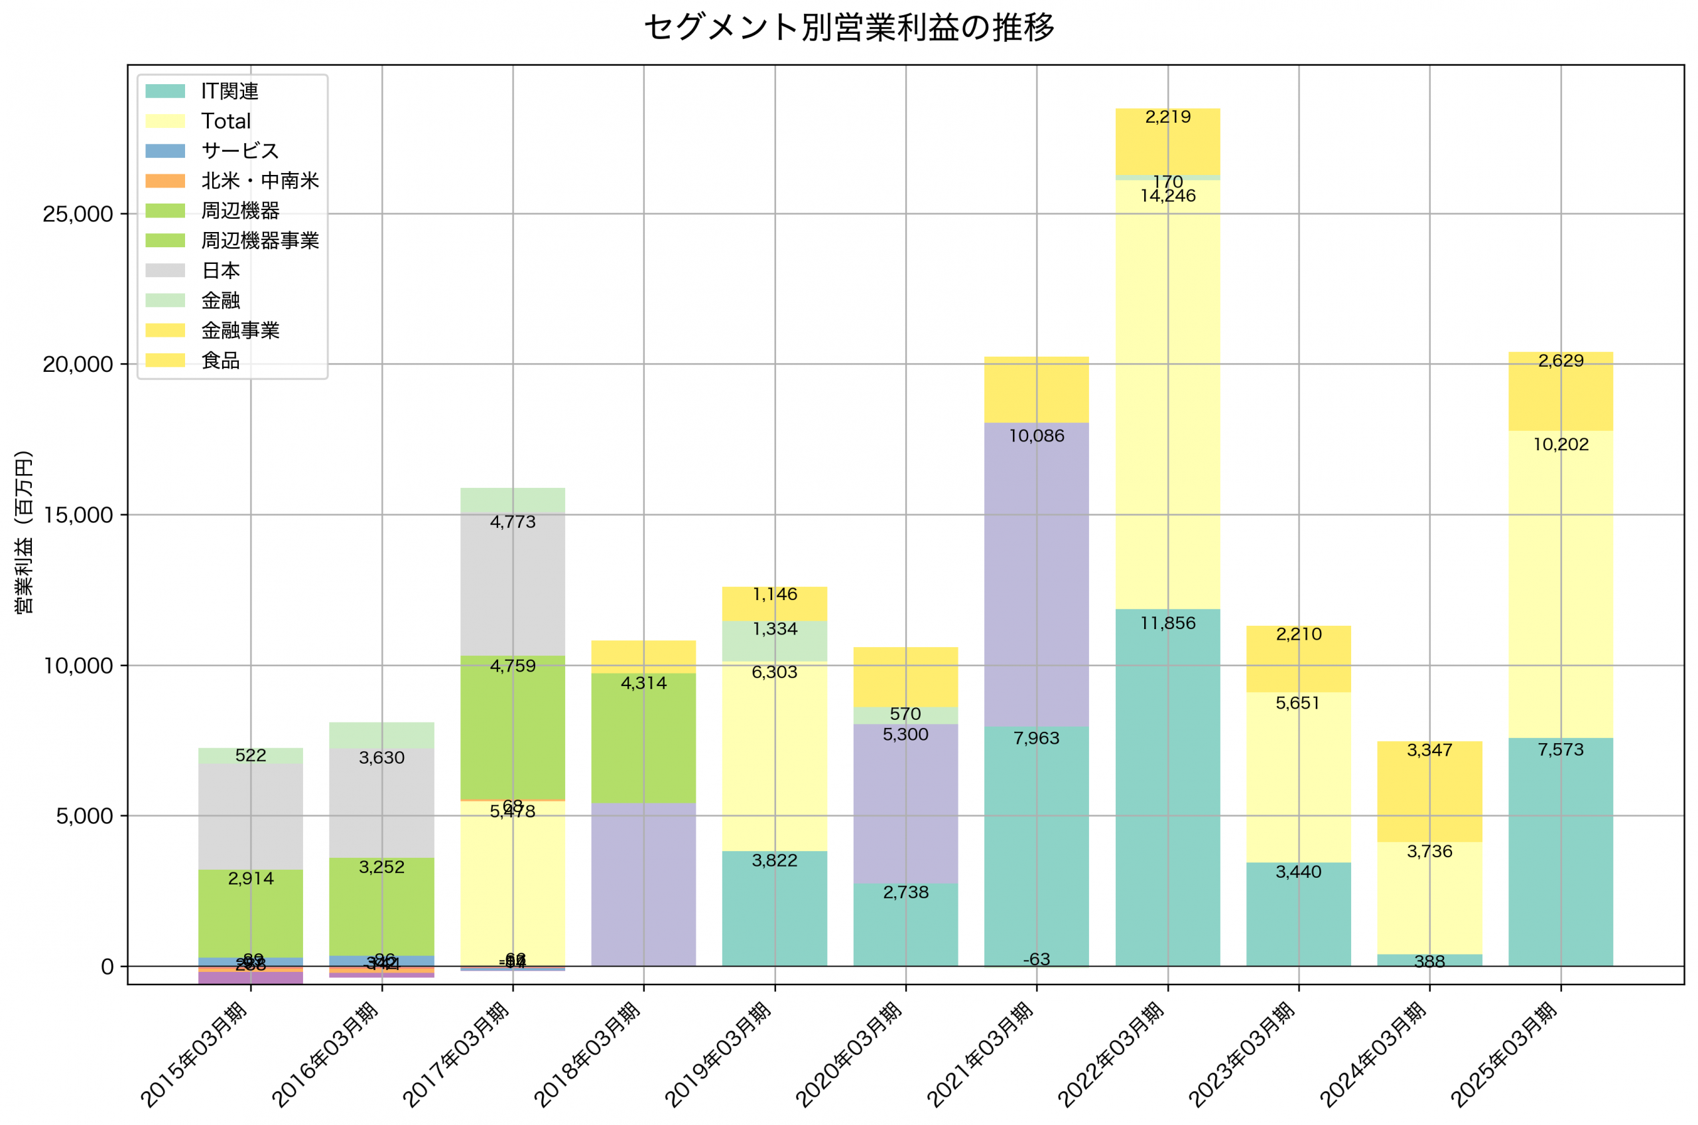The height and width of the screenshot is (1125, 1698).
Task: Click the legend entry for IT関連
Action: coord(229,91)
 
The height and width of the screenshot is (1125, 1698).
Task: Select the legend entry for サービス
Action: coord(239,150)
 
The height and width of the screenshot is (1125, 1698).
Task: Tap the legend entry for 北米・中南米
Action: coord(259,181)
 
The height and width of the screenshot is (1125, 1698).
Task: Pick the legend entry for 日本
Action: coord(220,270)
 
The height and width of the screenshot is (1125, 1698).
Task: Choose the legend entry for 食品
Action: coord(220,360)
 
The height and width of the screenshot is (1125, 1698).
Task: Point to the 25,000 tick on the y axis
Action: coord(78,214)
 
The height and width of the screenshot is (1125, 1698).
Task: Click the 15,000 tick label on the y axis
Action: coord(78,515)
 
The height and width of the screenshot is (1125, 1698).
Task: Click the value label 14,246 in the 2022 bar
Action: coord(1167,196)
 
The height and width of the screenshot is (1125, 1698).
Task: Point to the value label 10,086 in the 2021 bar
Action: coord(1036,436)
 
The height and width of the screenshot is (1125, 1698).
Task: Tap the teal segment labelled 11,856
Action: coord(1167,789)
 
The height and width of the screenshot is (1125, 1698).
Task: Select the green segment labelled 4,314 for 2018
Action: coord(644,739)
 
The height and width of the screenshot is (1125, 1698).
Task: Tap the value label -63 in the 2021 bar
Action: coord(1036,959)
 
